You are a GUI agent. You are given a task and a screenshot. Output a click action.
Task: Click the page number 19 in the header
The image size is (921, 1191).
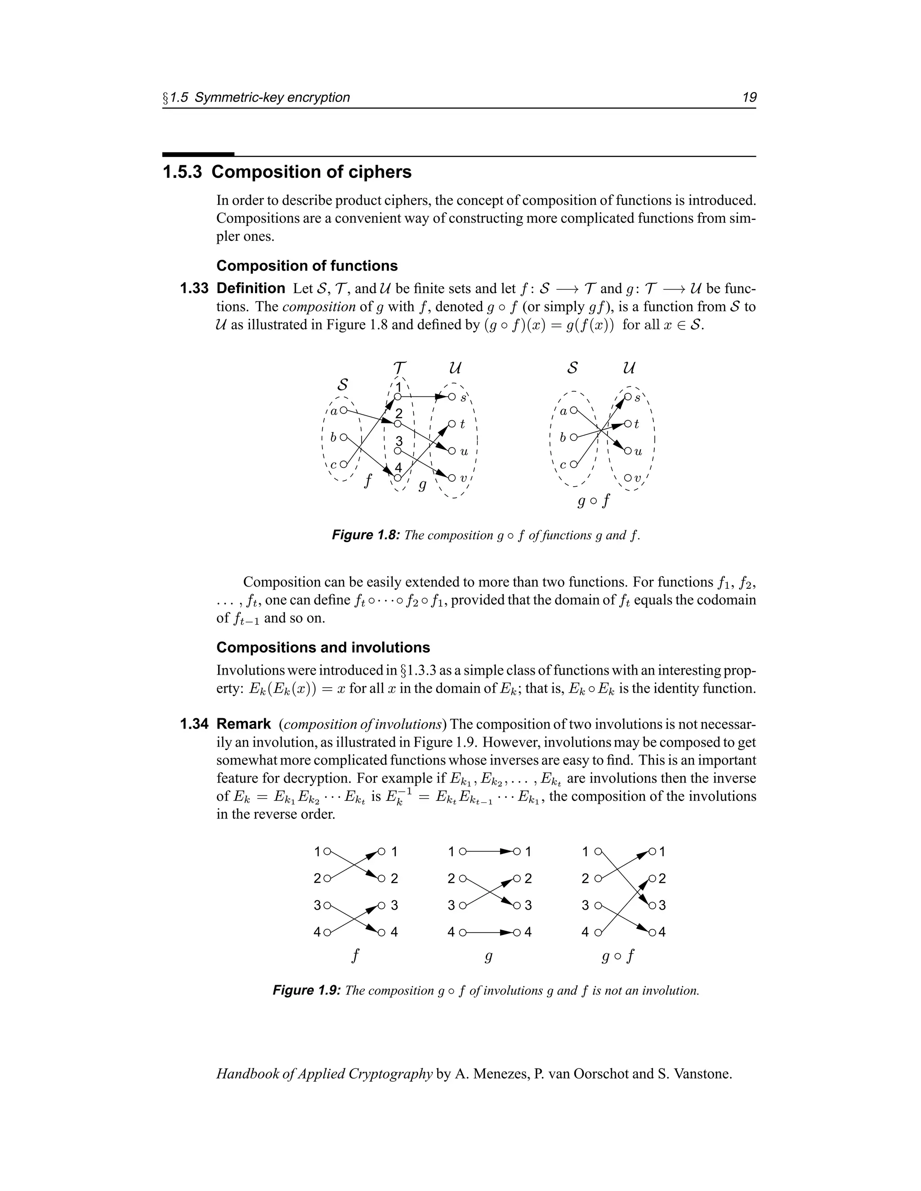pyautogui.click(x=749, y=98)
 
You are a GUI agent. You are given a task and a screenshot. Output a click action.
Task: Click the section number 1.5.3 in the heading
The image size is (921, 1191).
pyautogui.click(x=182, y=172)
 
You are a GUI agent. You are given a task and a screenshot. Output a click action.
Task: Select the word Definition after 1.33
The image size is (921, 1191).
pyautogui.click(x=250, y=289)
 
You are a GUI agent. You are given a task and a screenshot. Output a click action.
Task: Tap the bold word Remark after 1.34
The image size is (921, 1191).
pyautogui.click(x=243, y=724)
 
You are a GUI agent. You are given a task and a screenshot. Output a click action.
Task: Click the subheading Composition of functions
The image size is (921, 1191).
pyautogui.click(x=307, y=266)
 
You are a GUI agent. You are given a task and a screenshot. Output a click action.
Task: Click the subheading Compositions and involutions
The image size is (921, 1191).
pyautogui.click(x=323, y=648)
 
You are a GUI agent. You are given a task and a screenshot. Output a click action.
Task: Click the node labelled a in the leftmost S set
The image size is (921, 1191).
pyautogui.click(x=343, y=410)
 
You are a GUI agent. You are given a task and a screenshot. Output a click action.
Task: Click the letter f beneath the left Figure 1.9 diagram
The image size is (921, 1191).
pyautogui.click(x=356, y=955)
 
